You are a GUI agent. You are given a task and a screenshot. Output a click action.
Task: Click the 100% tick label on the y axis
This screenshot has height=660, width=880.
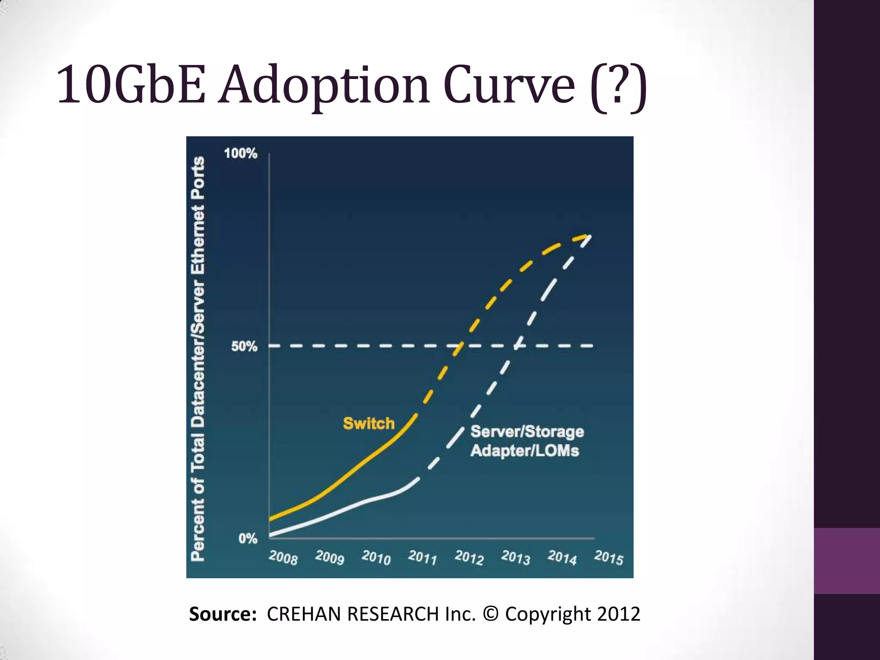tap(241, 153)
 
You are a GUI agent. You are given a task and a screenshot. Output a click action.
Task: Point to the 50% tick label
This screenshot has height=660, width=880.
tap(244, 346)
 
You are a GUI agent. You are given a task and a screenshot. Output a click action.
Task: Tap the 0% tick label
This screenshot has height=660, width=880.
tap(248, 538)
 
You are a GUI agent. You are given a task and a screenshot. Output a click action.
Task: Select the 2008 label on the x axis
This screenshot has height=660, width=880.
tap(283, 558)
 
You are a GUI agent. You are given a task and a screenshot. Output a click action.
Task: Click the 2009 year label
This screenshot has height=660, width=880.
tap(330, 558)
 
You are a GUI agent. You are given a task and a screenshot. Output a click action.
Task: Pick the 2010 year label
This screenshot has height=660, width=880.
tap(376, 558)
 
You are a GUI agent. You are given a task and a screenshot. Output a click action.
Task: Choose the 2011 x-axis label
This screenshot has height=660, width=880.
tap(422, 558)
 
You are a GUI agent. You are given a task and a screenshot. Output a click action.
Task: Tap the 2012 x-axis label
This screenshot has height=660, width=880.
tap(469, 558)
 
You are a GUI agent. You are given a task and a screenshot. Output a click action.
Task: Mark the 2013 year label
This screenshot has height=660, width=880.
tap(515, 558)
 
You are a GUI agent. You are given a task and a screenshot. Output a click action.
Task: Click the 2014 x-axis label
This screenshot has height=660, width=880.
tap(562, 558)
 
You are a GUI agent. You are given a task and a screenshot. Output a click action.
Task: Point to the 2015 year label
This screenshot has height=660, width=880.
tap(608, 558)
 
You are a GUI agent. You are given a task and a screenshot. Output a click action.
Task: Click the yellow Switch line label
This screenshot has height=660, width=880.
tap(369, 424)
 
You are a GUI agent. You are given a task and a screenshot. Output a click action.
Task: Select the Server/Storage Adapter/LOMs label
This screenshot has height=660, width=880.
tap(527, 441)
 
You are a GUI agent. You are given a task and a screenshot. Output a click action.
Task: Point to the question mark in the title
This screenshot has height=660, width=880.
tap(619, 85)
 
